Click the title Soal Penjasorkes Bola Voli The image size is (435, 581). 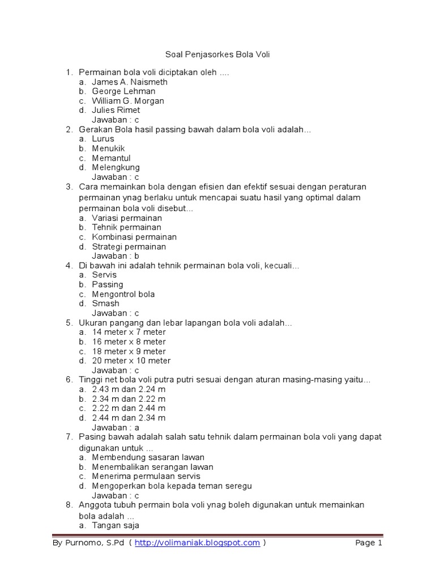click(217, 55)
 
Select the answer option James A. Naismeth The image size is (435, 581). click(130, 82)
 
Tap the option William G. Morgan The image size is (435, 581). click(128, 100)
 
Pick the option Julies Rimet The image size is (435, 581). click(116, 110)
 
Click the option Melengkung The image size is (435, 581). click(116, 167)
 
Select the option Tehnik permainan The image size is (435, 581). click(127, 228)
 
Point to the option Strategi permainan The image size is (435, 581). click(129, 247)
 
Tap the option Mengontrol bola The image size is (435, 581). click(123, 294)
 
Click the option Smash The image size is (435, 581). click(106, 304)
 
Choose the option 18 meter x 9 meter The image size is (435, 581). click(129, 351)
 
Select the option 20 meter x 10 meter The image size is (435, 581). click(131, 361)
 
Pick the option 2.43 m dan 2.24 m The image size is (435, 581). click(129, 389)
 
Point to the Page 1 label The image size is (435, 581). click(369, 543)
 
